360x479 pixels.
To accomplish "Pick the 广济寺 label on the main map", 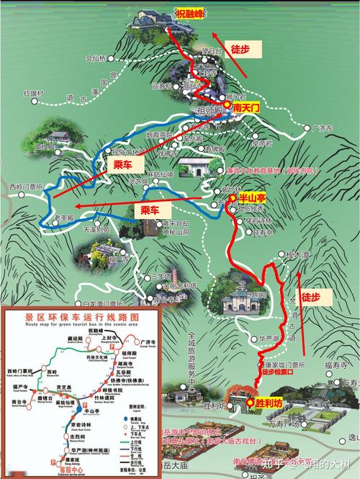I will pyautogui.click(x=325, y=128).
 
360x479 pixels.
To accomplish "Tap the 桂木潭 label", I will pyautogui.click(x=296, y=255).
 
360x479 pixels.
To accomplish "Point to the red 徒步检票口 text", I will pyautogui.click(x=278, y=372).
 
